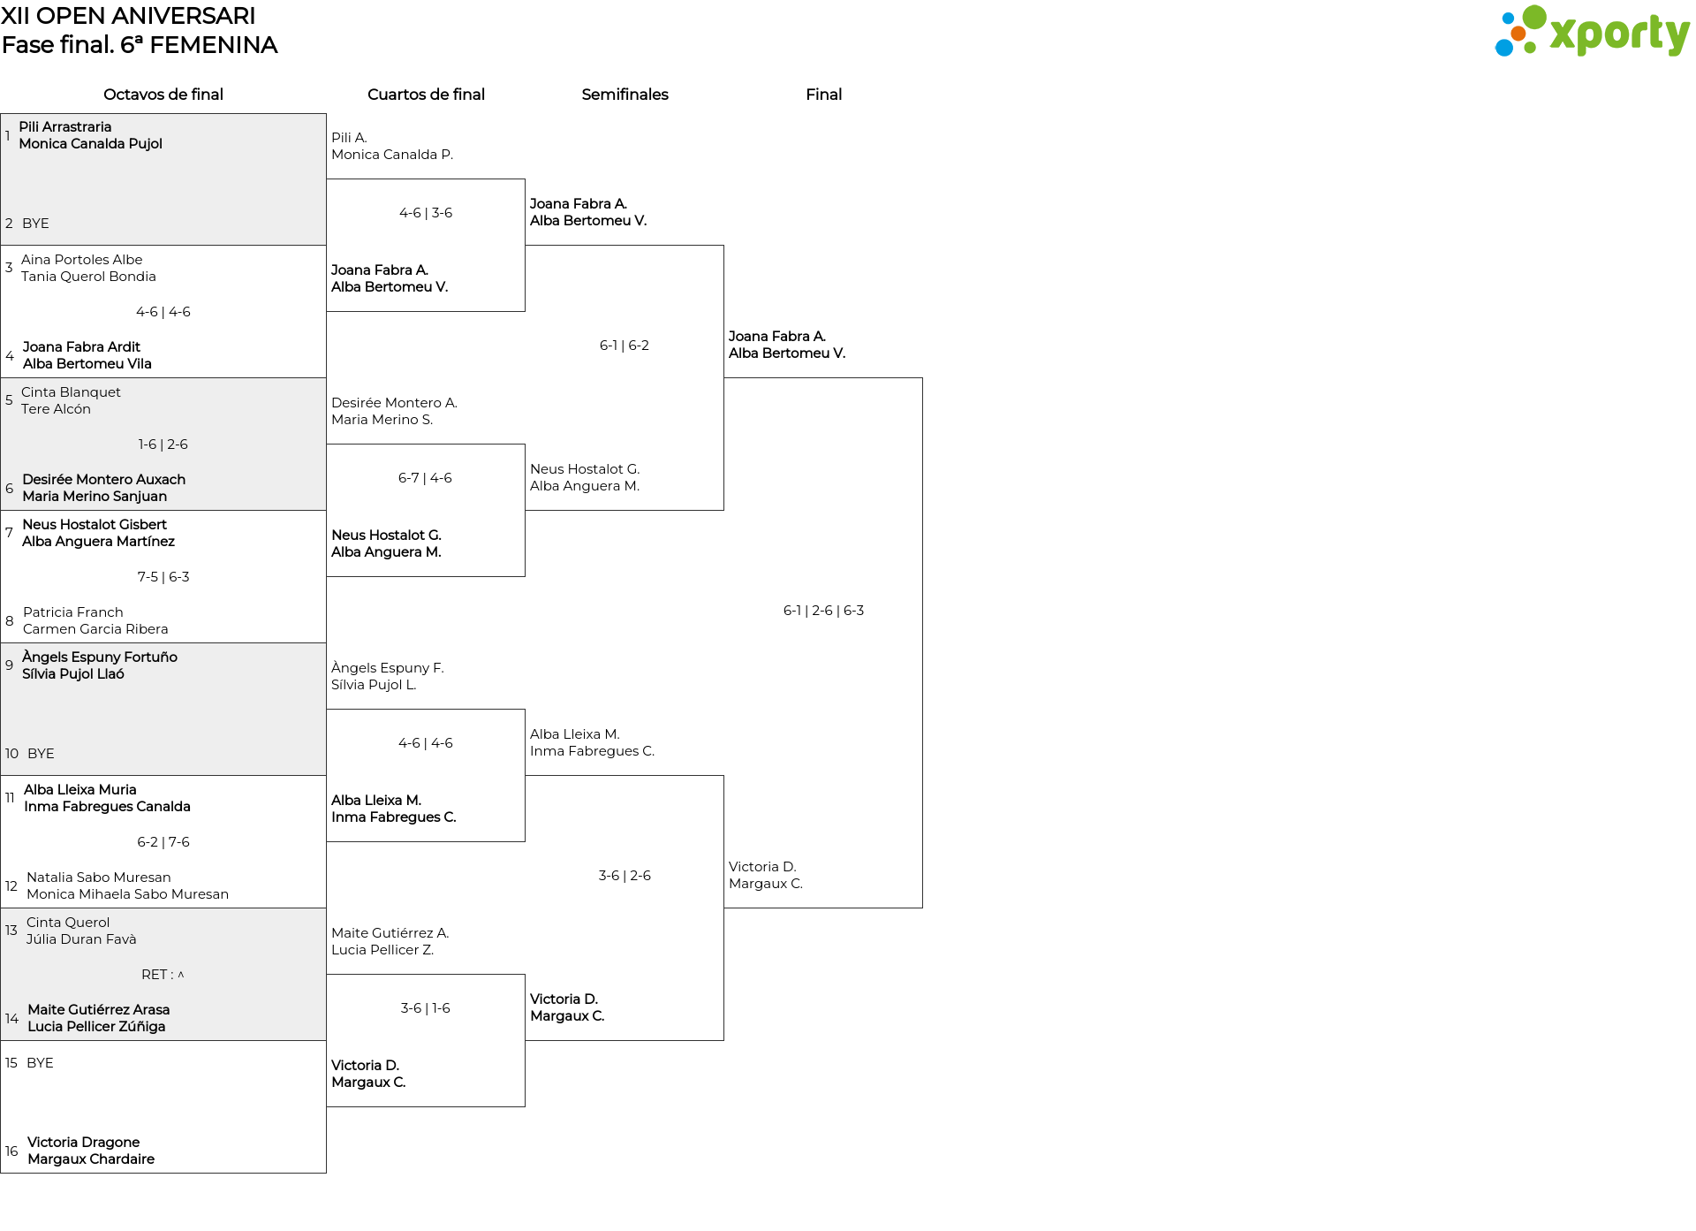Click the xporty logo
point(1592,32)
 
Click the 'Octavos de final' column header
point(163,95)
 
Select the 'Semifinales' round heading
point(625,95)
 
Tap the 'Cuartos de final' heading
point(426,95)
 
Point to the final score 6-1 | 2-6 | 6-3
point(823,611)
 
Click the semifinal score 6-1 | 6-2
point(625,346)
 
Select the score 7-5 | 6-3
point(163,577)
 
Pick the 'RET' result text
point(154,975)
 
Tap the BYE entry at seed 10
point(41,754)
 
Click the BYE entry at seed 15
point(40,1063)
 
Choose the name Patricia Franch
point(73,612)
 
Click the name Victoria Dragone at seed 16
point(84,1143)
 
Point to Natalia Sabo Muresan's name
point(99,878)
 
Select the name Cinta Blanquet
point(71,392)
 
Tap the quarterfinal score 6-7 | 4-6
point(425,478)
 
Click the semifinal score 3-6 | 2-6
point(625,876)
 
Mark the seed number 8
point(10,621)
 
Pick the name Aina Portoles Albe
point(81,260)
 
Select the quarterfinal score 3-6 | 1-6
point(425,1008)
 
